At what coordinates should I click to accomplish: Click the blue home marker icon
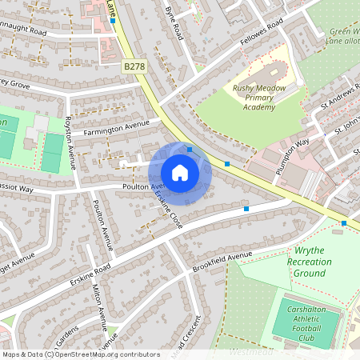tap(180, 173)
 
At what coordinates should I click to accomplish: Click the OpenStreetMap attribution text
tap(82, 354)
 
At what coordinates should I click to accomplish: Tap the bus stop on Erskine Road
tap(246, 209)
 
